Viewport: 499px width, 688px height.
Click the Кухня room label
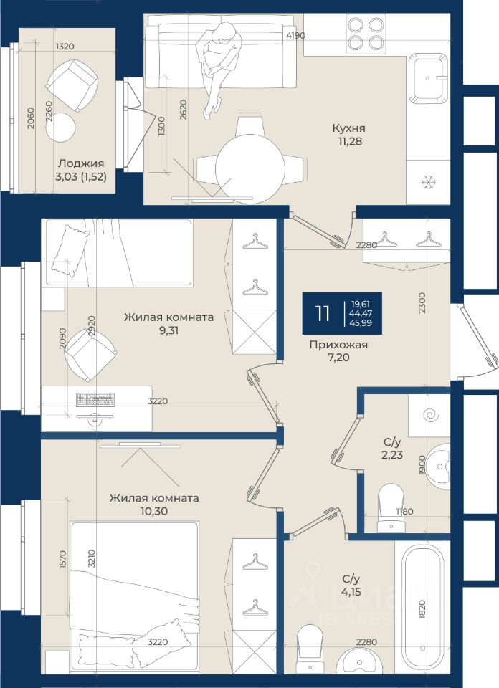coord(349,128)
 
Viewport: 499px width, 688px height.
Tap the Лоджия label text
coord(81,163)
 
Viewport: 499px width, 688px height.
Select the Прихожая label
coord(338,345)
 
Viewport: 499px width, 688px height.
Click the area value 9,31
coord(169,330)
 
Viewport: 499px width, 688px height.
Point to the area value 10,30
coord(154,511)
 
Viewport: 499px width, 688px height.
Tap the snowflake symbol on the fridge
coord(428,181)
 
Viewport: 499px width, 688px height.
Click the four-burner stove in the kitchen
coord(366,34)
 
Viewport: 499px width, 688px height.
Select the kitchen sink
coord(428,79)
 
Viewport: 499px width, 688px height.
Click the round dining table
coord(250,168)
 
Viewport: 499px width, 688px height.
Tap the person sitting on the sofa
coord(218,68)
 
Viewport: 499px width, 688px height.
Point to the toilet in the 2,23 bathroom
coord(391,508)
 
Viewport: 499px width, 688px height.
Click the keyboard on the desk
coord(95,400)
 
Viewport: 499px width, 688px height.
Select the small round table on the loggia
coord(60,128)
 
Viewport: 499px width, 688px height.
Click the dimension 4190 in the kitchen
coord(295,36)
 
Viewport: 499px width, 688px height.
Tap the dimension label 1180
coord(404,511)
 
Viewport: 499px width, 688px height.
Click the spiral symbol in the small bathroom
coord(429,414)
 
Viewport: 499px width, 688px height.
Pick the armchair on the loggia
coord(72,85)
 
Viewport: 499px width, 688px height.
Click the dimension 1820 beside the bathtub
coord(422,609)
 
